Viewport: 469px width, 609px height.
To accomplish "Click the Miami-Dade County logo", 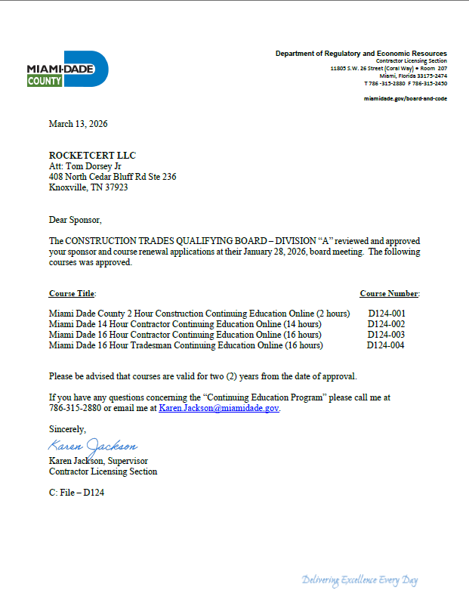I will coord(68,70).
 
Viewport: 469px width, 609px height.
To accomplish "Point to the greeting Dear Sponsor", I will coord(75,219).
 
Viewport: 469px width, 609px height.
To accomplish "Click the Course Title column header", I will coord(73,293).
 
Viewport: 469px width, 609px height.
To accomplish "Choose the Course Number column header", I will coord(390,293).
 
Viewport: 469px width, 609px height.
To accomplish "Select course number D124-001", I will coord(386,313).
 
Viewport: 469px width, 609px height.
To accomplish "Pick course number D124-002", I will coord(386,323).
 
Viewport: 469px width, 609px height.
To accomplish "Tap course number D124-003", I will coord(386,334).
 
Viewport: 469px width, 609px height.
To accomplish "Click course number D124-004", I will coord(386,345).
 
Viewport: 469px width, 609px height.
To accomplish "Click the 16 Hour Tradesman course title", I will coord(186,345).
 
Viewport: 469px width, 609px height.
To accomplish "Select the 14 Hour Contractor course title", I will coord(185,323).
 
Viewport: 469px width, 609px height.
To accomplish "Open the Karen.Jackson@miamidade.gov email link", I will coord(219,407).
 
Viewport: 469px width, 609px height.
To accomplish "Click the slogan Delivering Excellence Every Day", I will coord(359,580).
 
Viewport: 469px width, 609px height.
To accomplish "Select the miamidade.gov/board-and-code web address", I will coord(405,98).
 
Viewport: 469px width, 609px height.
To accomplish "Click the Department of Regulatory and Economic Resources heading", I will coord(361,54).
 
